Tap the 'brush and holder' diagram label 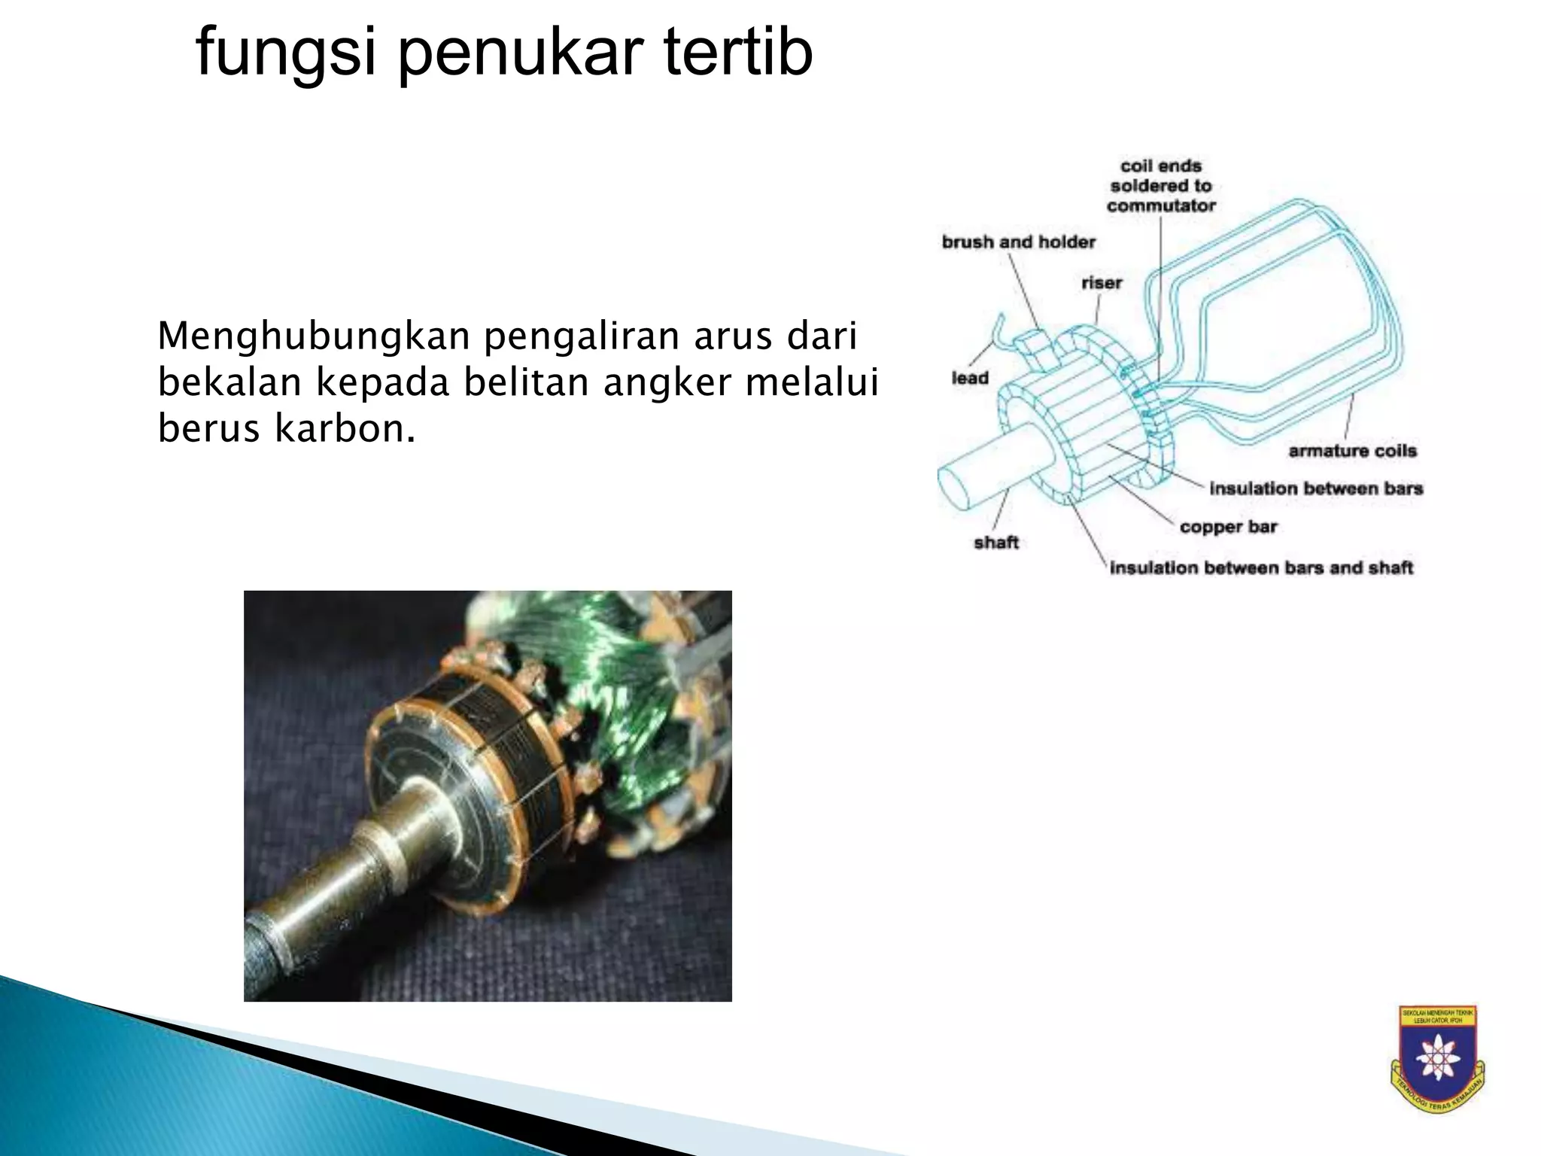1018,242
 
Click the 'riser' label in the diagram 1102,283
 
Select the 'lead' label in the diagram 970,378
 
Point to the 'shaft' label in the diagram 996,542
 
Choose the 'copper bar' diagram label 1228,527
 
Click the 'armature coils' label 1352,451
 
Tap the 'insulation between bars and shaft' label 1261,567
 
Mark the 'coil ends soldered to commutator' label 1161,186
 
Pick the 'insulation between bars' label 1316,488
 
